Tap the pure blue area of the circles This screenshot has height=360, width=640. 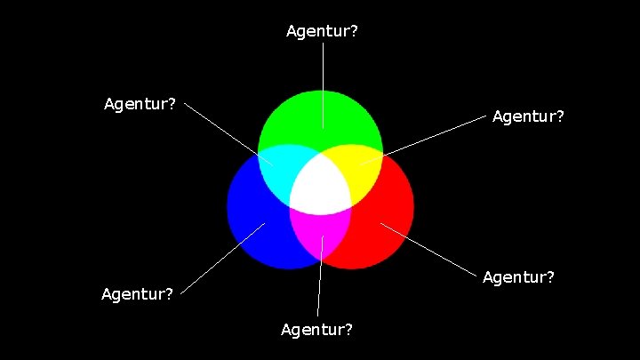tap(253, 222)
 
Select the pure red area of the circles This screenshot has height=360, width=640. tap(387, 222)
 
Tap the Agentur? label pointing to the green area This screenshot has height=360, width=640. tap(322, 32)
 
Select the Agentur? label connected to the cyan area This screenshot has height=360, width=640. tap(140, 104)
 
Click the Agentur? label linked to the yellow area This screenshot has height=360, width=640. tap(528, 116)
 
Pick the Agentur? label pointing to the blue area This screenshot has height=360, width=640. tap(137, 294)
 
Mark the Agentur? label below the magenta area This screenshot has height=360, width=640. tap(316, 330)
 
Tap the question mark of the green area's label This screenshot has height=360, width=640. tap(354, 32)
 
